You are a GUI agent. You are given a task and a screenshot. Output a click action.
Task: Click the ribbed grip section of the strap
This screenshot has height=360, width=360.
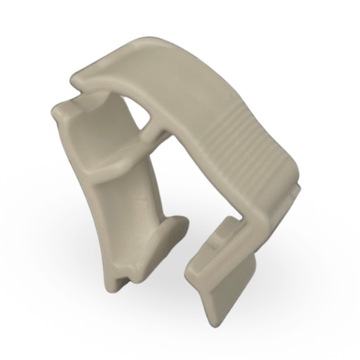coord(248,144)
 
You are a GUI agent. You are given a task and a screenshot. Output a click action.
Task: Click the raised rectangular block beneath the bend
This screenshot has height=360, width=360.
coord(227,230)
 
